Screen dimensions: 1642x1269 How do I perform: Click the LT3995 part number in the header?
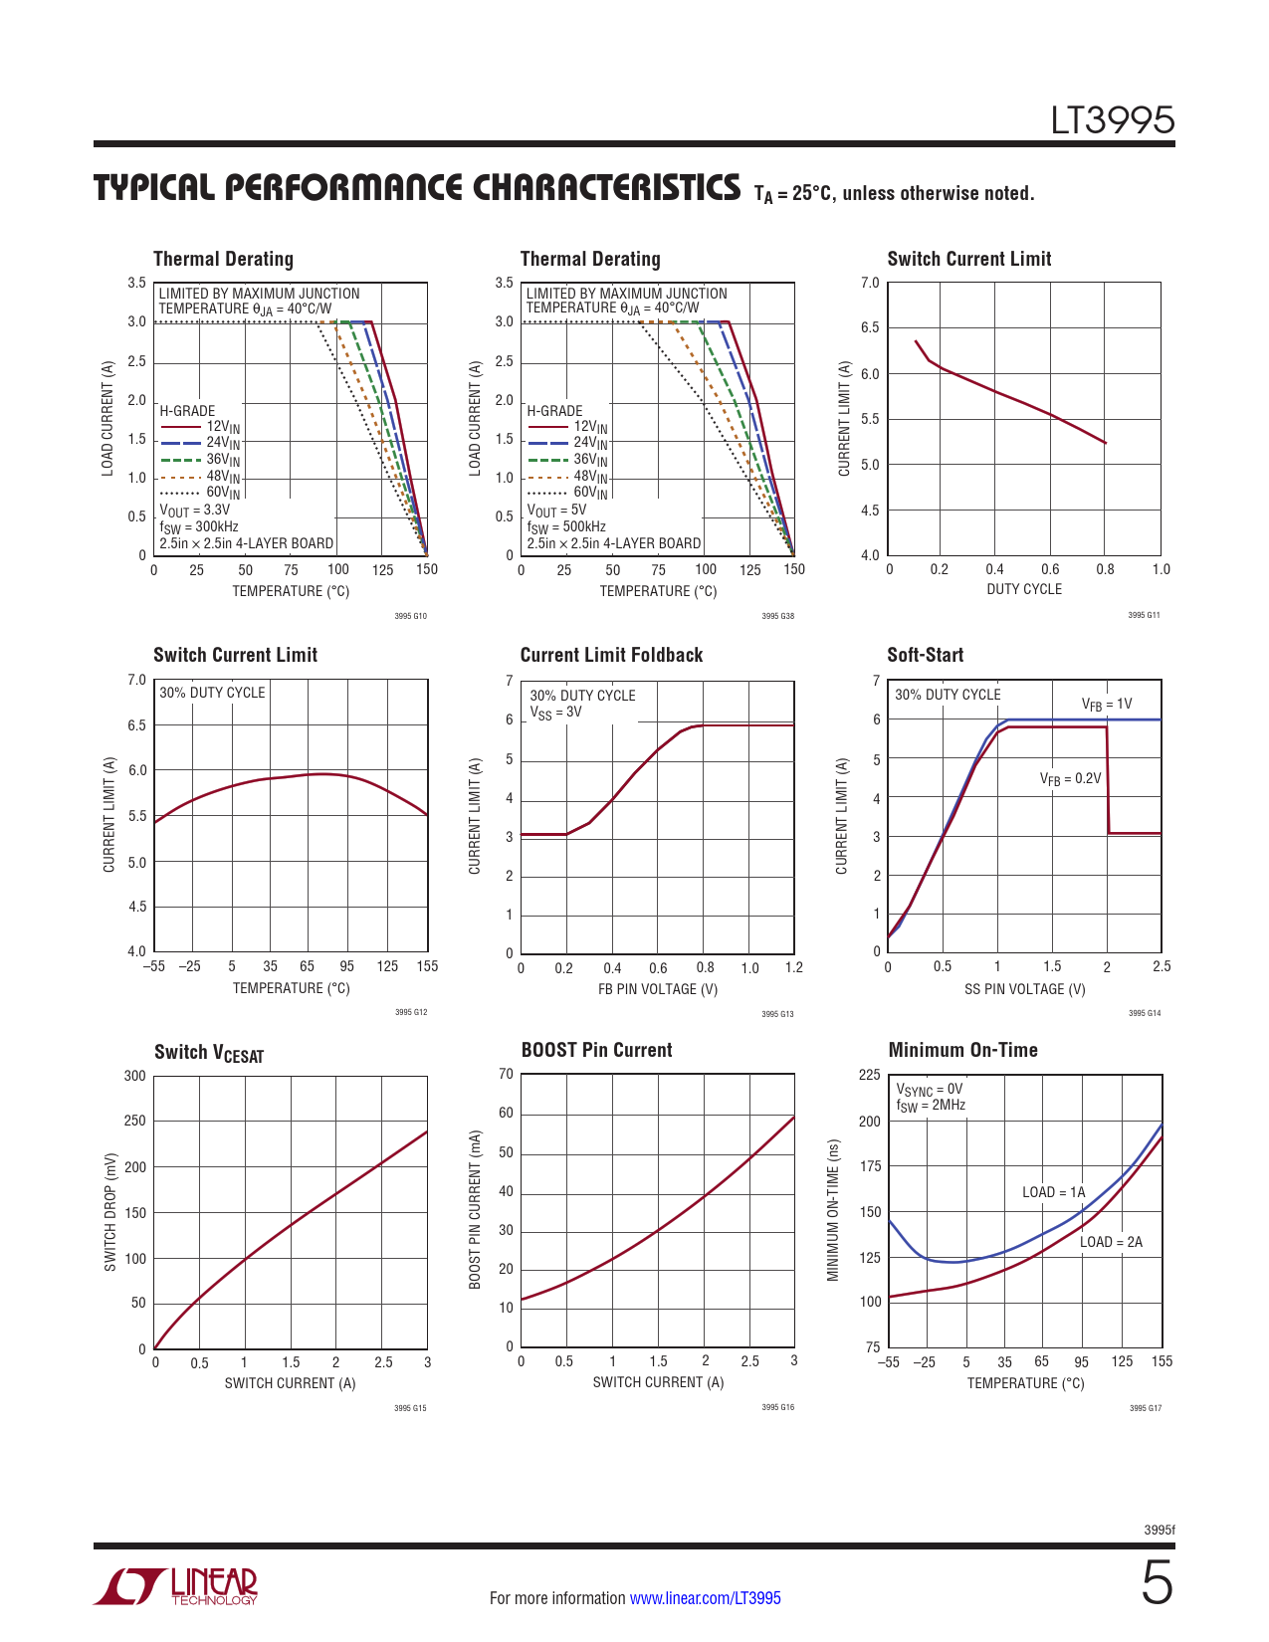(x=1113, y=120)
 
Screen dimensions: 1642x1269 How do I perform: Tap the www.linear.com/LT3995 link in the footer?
(x=705, y=1598)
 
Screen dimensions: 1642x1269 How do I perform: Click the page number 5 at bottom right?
(x=1156, y=1583)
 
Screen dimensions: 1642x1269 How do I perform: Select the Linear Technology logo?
(x=176, y=1586)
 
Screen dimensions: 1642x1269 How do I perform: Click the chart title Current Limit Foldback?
(x=611, y=655)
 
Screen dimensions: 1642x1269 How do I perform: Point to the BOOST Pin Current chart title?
(x=596, y=1050)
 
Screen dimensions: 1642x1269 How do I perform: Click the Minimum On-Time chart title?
(x=962, y=1050)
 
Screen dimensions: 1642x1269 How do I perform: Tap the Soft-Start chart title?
(x=925, y=655)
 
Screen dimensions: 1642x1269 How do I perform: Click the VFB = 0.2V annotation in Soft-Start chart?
(x=1070, y=779)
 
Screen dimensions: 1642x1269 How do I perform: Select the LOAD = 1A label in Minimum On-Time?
(x=1053, y=1192)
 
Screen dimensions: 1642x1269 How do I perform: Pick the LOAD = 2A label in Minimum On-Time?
(x=1111, y=1242)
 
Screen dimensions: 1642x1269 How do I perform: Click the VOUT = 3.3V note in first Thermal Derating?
(x=194, y=511)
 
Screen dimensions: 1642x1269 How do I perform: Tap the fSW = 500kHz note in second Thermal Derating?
(x=565, y=527)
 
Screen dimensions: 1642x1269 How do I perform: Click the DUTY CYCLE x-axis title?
(x=1023, y=589)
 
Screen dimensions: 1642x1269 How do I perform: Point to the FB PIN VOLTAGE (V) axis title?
(x=657, y=989)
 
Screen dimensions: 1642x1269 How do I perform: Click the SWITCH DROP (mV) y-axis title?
(x=110, y=1212)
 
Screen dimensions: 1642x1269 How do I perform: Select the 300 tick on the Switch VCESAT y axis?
(x=134, y=1076)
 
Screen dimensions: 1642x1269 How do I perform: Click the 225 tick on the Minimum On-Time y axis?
(x=869, y=1075)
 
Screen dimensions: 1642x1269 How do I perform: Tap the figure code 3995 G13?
(x=777, y=1014)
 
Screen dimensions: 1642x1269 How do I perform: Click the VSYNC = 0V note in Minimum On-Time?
(x=929, y=1090)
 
